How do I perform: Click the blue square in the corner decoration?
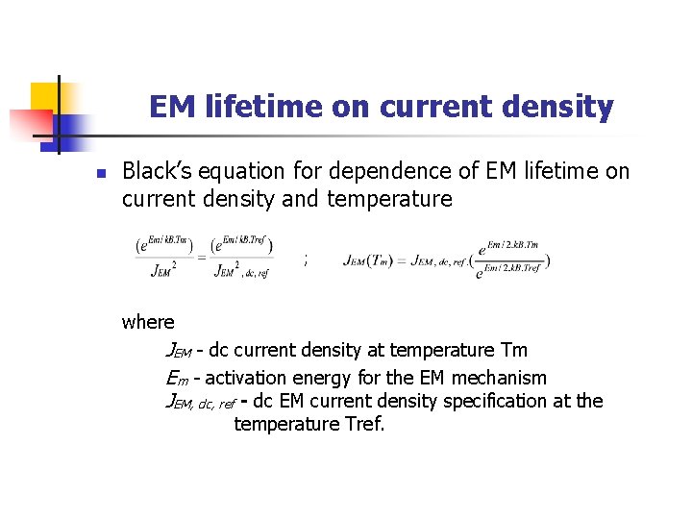click(73, 126)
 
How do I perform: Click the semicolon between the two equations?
click(306, 259)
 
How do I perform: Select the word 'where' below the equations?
click(148, 323)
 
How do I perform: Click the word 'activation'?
click(244, 378)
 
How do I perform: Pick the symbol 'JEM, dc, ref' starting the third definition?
click(200, 403)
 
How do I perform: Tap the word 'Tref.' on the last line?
click(363, 424)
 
